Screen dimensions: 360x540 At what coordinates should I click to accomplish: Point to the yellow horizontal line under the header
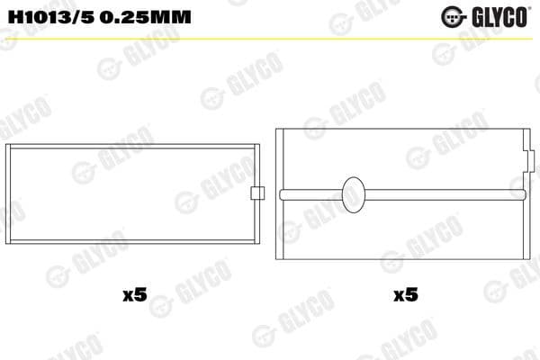(x=270, y=38)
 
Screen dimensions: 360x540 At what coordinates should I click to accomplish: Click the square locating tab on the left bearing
(x=256, y=193)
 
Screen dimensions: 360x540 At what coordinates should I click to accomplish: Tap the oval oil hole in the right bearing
(x=353, y=193)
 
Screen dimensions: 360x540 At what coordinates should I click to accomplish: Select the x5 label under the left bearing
(x=133, y=293)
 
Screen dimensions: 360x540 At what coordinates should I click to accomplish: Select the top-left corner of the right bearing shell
(x=275, y=130)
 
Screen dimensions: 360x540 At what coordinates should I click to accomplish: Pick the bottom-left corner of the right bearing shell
(x=275, y=256)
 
